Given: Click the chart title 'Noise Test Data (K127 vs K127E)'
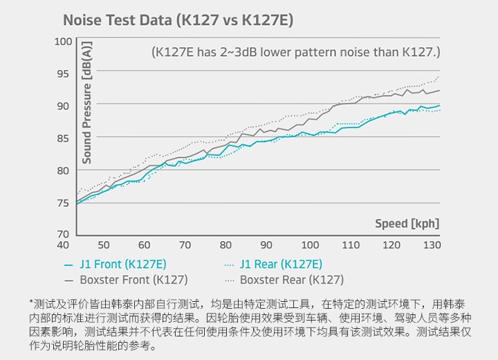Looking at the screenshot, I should tap(178, 21).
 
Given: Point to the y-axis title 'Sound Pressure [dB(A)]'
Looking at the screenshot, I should tap(87, 103).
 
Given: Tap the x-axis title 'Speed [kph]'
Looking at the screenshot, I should tap(407, 224).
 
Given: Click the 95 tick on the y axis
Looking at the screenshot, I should tap(64, 73).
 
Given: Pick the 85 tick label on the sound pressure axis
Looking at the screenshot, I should tap(64, 138).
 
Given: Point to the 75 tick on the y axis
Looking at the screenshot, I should tap(64, 203).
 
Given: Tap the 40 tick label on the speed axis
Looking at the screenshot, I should tap(63, 245).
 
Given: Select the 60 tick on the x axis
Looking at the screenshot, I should tap(144, 245).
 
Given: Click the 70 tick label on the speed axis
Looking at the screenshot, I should tap(185, 245).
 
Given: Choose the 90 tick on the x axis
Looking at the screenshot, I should tap(266, 245).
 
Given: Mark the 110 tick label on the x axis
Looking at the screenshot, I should tap(351, 245).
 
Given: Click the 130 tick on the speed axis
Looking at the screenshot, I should tap(432, 245).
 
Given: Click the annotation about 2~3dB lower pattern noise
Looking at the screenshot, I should tap(295, 52).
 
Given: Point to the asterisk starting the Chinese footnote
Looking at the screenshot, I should tap(31, 303).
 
